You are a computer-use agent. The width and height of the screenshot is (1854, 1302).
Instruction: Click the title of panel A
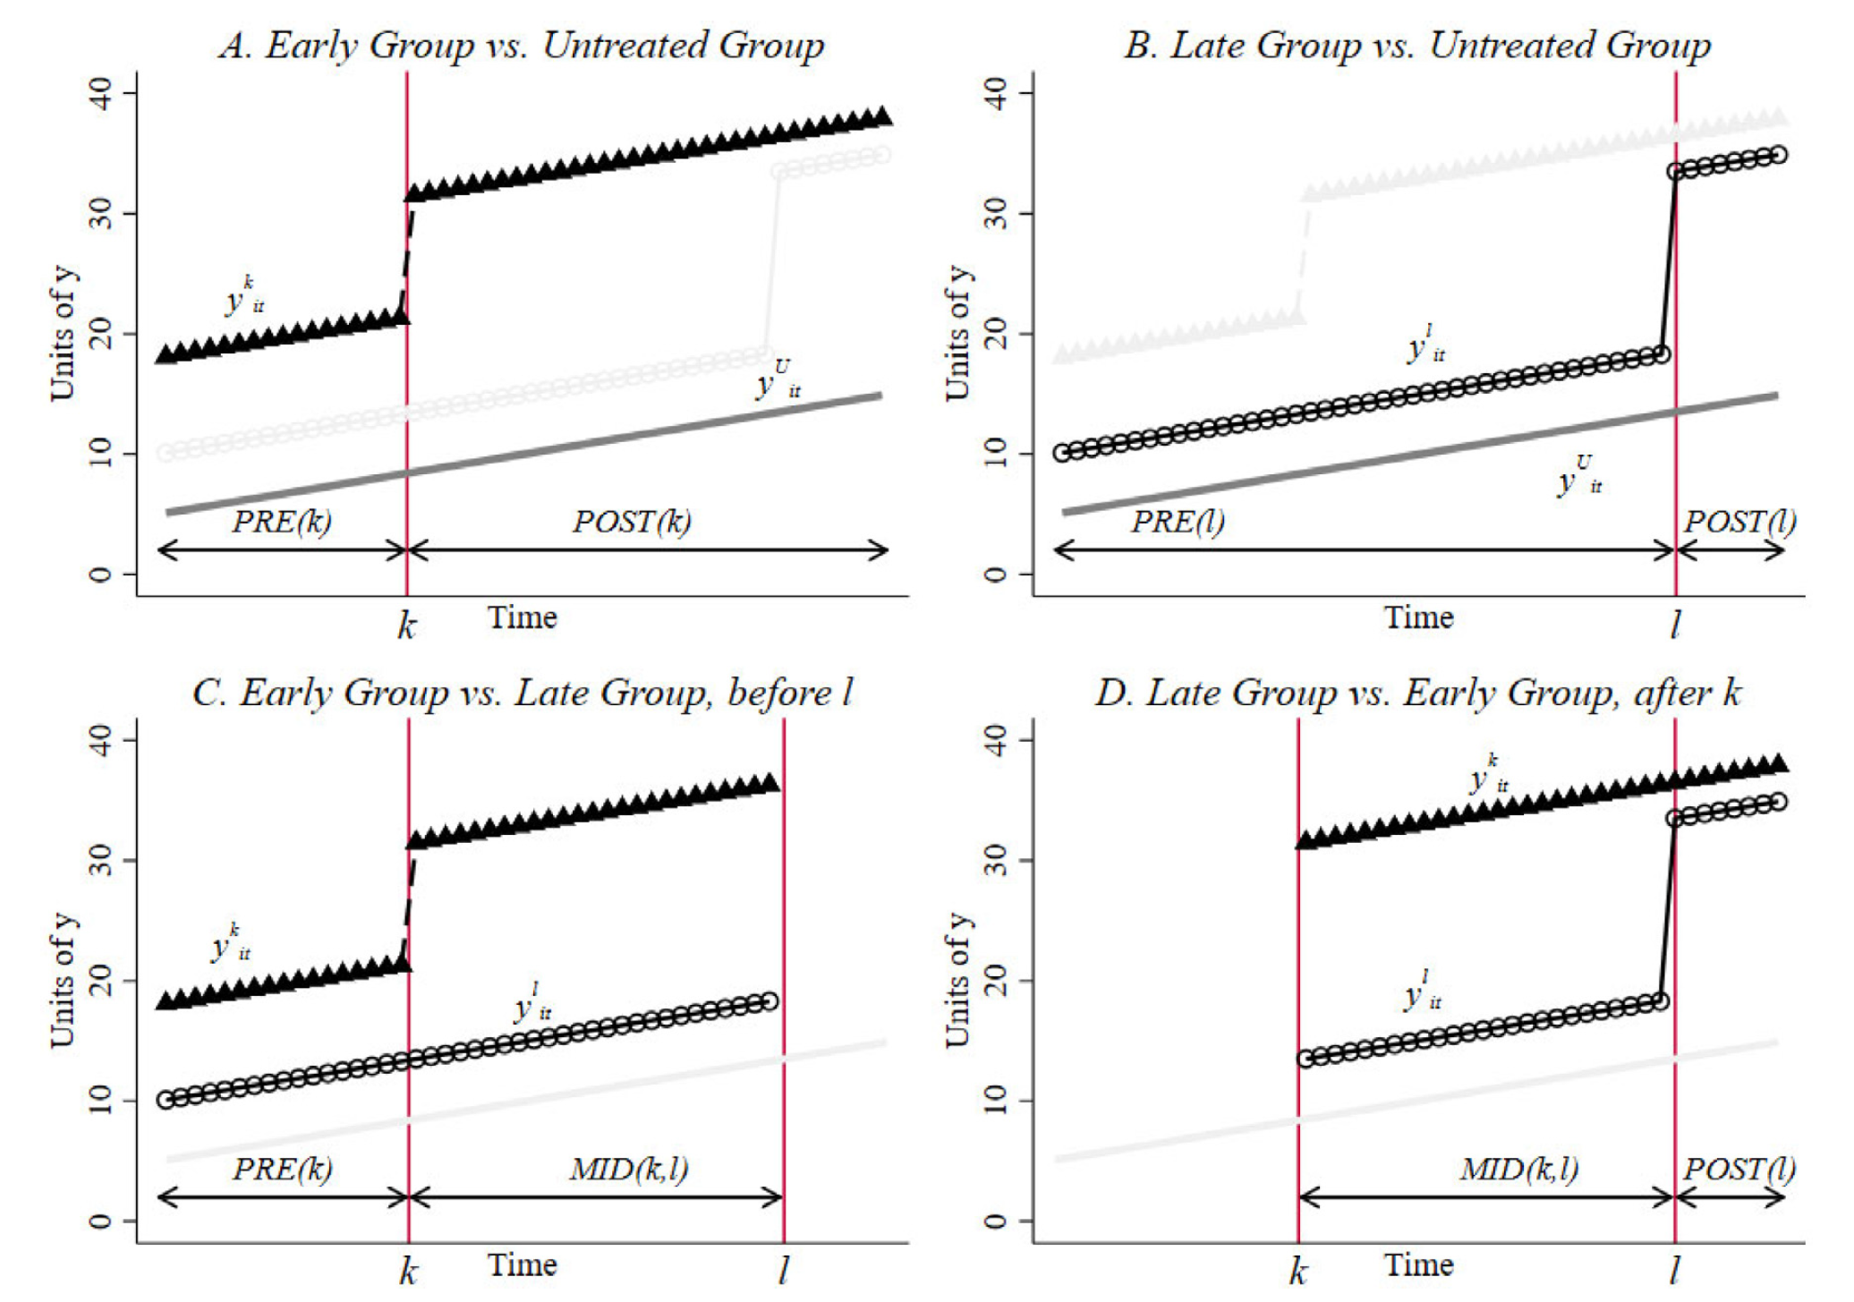tap(522, 45)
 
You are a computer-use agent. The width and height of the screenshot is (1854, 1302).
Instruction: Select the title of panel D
tap(1417, 693)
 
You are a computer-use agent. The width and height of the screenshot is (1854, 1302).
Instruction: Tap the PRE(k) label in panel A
tap(282, 521)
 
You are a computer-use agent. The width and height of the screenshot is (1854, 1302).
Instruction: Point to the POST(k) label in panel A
tap(632, 521)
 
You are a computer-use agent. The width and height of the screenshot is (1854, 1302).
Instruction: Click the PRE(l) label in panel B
tap(1178, 521)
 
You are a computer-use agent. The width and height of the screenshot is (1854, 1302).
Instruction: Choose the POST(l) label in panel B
tap(1739, 521)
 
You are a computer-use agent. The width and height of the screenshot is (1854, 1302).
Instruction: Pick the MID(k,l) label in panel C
tap(629, 1169)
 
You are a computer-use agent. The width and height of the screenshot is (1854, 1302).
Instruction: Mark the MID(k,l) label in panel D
tap(1519, 1169)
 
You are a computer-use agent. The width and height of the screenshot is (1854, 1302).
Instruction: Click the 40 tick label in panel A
tap(101, 93)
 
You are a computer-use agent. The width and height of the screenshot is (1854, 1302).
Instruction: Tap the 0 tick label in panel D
tap(996, 1221)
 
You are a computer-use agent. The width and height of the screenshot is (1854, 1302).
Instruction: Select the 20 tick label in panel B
tap(996, 335)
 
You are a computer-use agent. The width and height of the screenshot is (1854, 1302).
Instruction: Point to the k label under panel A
tap(407, 625)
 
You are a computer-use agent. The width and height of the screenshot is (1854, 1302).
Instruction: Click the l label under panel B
tap(1675, 625)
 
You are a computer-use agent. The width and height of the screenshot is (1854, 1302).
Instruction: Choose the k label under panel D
tap(1298, 1272)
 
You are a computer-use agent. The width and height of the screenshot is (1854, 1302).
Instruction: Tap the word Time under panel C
tap(522, 1264)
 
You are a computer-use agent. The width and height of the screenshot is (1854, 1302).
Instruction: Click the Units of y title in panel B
tap(957, 333)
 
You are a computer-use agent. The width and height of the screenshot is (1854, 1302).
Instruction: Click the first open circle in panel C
tap(166, 1100)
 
